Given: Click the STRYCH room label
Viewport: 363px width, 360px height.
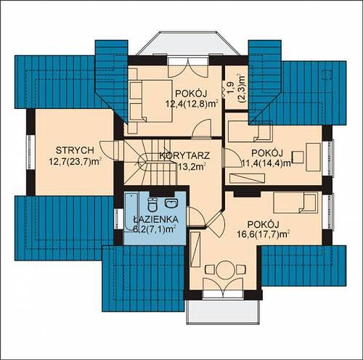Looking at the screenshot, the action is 75,150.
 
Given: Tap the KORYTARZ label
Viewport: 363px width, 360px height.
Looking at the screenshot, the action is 184,155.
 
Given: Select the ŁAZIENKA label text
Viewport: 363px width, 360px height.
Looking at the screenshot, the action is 156,219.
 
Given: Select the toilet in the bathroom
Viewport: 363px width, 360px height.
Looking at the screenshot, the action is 152,205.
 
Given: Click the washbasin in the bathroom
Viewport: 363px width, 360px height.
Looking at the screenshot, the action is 171,202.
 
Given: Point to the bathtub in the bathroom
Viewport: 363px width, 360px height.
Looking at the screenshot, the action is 131,212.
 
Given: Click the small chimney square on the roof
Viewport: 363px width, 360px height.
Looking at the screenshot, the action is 327,75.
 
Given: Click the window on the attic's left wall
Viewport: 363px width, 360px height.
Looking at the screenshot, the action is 30,152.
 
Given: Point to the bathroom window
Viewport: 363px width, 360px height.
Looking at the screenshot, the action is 118,219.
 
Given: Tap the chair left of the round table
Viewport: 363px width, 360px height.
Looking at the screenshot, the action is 210,269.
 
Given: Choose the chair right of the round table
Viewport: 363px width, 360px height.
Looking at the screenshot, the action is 241,269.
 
